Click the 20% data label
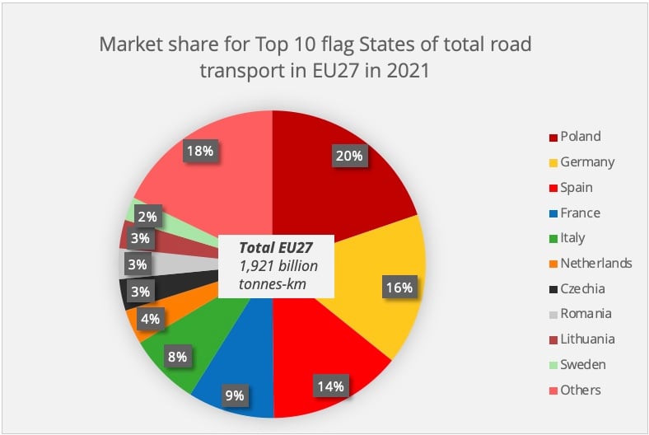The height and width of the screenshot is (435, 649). [348, 156]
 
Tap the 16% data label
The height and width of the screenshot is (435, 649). [399, 288]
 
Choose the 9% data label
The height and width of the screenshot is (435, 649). [235, 395]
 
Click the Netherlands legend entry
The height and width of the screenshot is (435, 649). [595, 264]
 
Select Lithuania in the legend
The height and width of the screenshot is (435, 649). [586, 339]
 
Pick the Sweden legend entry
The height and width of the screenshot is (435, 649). [582, 364]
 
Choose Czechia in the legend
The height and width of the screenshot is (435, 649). [581, 288]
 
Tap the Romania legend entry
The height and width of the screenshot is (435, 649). [584, 314]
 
